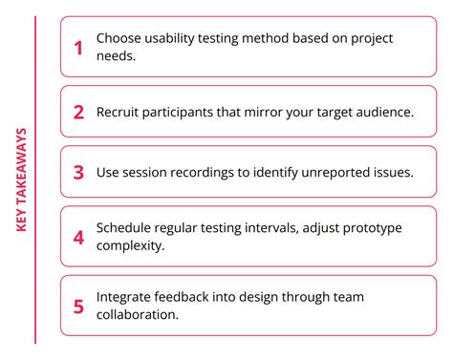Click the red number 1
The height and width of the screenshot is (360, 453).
coord(78,46)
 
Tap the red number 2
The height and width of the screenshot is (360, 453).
coord(78,112)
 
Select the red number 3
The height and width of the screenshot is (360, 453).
coord(78,173)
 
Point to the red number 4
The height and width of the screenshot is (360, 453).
coord(78,238)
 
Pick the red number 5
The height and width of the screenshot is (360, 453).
coord(78,307)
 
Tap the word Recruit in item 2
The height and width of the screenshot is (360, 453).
coord(121,112)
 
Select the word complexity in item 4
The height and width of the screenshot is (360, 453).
coord(135,247)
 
